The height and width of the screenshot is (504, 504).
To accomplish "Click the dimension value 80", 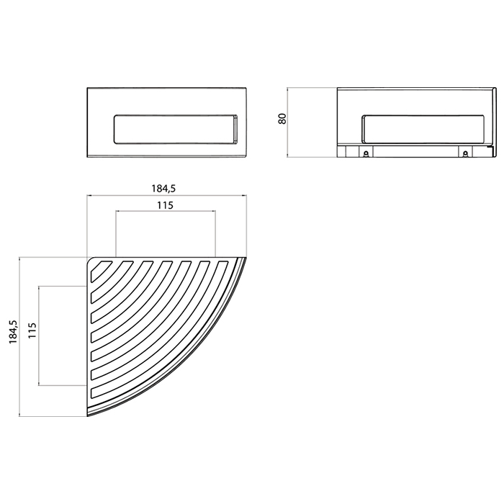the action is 282,118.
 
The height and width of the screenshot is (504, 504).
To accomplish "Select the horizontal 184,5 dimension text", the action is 163,189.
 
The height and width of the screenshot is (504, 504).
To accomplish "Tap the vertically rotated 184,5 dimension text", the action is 14,333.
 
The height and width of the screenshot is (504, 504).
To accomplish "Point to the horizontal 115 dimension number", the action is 165,205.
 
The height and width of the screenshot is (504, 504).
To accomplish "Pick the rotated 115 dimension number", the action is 32,330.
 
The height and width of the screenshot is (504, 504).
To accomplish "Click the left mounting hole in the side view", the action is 365,153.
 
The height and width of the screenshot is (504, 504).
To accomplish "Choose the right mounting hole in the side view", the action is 464,153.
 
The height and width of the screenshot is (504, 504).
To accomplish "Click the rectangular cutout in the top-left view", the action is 176,129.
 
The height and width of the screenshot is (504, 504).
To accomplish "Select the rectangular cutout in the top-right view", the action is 423,129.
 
